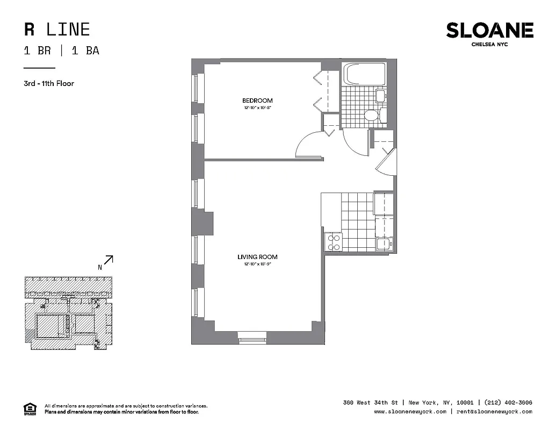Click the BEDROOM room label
[x=257, y=101]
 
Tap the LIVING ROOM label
[x=257, y=257]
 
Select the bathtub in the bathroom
[x=365, y=74]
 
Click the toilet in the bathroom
[x=371, y=115]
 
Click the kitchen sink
[x=384, y=244]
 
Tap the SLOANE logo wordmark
[x=489, y=31]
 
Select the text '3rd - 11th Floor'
[x=48, y=83]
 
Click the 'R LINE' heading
[x=57, y=29]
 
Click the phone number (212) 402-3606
[x=508, y=403]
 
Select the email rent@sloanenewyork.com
[x=495, y=412]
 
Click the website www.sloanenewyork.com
[x=410, y=412]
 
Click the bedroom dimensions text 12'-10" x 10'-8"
[x=257, y=108]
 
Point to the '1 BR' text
[x=38, y=51]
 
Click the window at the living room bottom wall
[x=252, y=339]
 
